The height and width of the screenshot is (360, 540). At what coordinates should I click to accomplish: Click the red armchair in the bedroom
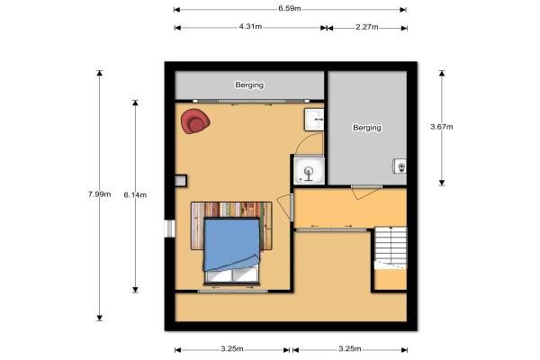tap(195, 121)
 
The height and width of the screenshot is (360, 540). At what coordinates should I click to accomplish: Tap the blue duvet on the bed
tap(231, 243)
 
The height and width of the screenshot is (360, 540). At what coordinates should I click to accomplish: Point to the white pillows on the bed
tap(231, 274)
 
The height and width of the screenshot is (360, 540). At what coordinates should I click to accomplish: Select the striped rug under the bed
tap(231, 226)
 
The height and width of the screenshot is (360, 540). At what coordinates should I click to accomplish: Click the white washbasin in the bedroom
tap(314, 120)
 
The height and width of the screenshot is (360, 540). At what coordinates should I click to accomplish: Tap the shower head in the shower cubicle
tap(308, 172)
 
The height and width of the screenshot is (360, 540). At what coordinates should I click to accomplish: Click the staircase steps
tap(391, 247)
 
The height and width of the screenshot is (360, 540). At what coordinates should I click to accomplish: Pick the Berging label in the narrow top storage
tap(249, 85)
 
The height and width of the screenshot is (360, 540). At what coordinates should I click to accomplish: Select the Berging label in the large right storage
tap(367, 128)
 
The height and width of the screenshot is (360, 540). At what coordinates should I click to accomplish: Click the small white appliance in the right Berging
tap(400, 166)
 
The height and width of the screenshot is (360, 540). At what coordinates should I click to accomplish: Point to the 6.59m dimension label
tap(290, 9)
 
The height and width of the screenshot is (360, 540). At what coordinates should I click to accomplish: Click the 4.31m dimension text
tap(250, 26)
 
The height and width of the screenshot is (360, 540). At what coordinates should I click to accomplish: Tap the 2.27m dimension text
tap(367, 27)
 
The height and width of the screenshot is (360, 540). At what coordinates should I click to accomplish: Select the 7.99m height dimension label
tap(100, 194)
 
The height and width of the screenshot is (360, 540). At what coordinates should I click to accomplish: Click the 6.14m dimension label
tap(135, 195)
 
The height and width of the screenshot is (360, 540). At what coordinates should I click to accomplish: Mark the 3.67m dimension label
tap(442, 127)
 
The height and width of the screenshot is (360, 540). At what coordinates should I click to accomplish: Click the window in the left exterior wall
tap(170, 229)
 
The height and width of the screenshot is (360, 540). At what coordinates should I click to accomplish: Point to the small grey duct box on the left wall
tap(181, 181)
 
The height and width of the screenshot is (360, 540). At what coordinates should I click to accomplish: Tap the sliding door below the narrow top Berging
tap(251, 102)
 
